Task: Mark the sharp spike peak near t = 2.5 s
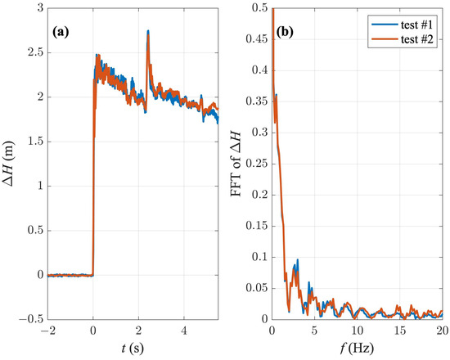(148, 31)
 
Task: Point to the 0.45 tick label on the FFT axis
(255, 39)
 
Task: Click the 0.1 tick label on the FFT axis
(259, 257)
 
